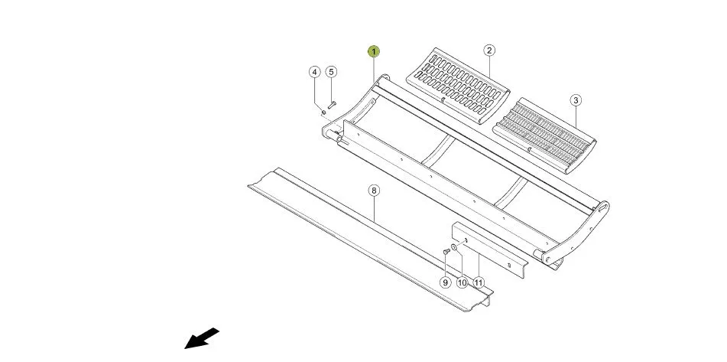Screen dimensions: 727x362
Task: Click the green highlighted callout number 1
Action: click(x=374, y=51)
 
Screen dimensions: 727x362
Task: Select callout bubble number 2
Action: click(x=489, y=50)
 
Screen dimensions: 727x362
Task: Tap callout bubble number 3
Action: click(x=576, y=100)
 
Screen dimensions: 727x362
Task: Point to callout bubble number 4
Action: click(x=315, y=72)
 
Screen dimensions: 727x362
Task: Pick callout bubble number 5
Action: click(x=330, y=72)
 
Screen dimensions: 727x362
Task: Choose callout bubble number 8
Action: click(x=374, y=191)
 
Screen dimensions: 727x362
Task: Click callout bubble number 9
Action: click(x=445, y=282)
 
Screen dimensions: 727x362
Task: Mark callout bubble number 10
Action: click(x=462, y=282)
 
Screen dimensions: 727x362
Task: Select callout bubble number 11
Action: click(x=479, y=282)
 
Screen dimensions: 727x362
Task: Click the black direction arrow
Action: click(x=202, y=338)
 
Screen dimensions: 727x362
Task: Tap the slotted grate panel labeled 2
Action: click(x=458, y=85)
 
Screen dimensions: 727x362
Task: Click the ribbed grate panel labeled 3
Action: click(x=544, y=135)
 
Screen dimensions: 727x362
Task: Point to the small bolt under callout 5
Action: click(x=332, y=105)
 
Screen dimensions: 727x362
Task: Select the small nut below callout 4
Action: click(x=323, y=112)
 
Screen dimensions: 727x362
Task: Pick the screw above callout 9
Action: click(x=446, y=251)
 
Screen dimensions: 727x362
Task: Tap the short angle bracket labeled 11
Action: click(x=489, y=249)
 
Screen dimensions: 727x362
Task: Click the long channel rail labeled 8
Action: click(x=371, y=240)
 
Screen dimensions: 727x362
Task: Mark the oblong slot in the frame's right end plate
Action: click(x=602, y=208)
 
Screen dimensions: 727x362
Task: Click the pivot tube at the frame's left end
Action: click(x=333, y=135)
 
